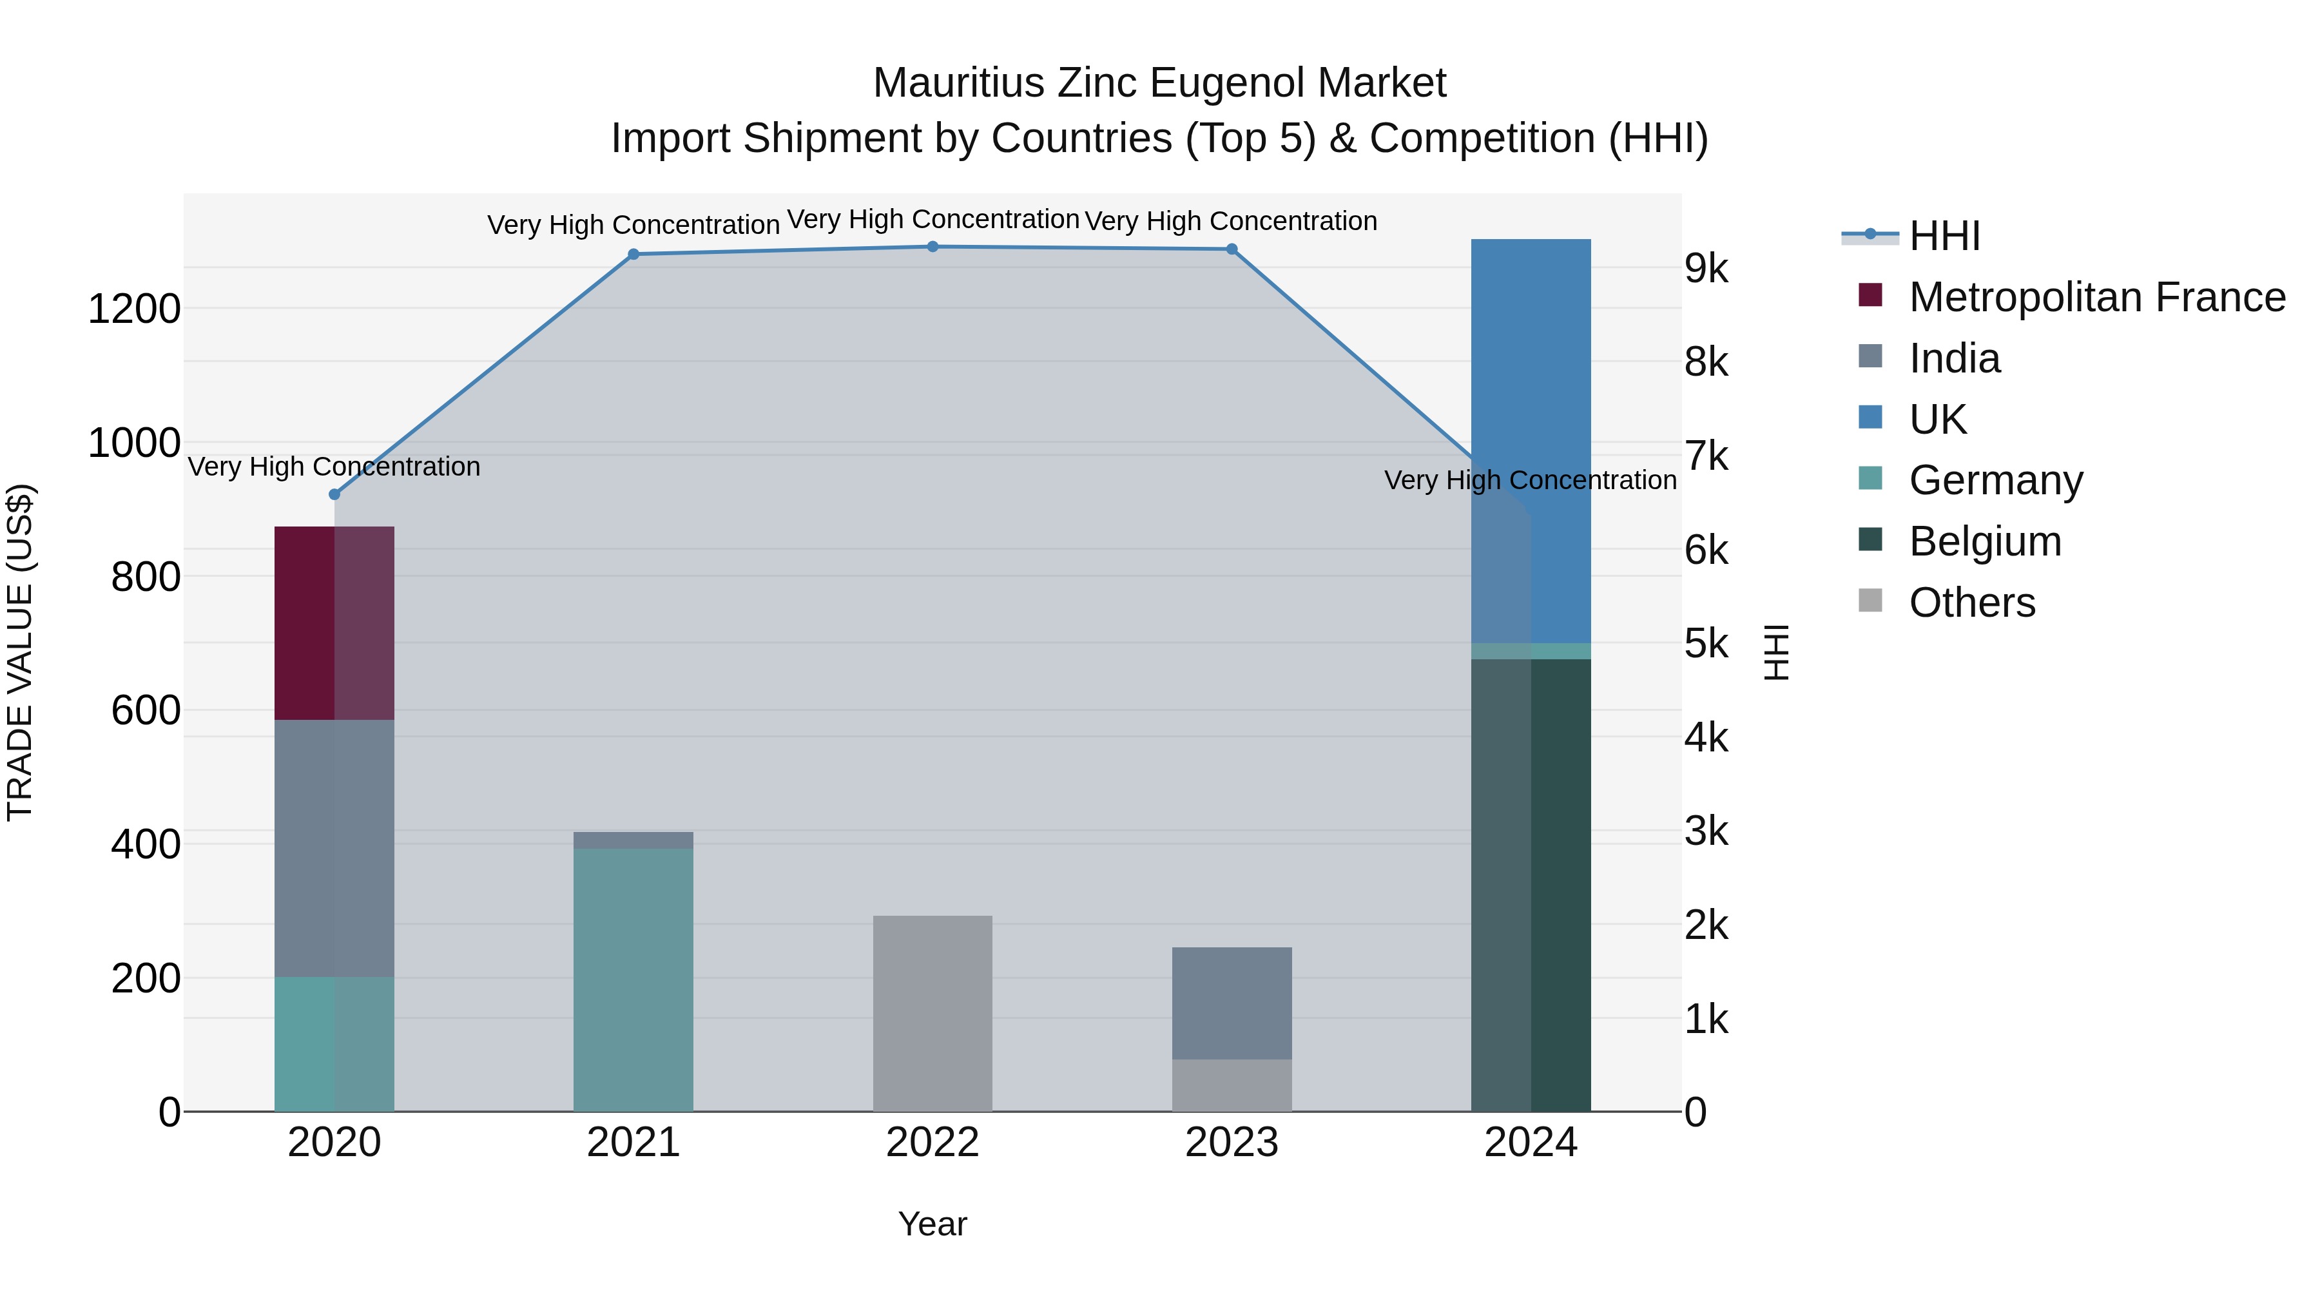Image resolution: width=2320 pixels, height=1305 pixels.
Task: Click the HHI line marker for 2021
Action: click(633, 254)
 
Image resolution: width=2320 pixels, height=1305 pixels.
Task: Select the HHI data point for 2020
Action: click(334, 494)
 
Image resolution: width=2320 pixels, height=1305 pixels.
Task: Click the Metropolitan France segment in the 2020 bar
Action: click(334, 623)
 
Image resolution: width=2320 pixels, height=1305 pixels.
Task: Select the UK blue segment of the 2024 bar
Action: click(1531, 441)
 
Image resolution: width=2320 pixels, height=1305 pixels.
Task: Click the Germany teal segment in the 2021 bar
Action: click(633, 980)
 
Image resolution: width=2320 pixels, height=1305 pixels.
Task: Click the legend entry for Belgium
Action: click(1985, 541)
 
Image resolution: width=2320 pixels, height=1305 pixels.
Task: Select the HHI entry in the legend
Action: click(1944, 236)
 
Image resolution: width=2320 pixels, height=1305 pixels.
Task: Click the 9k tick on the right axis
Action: click(1706, 268)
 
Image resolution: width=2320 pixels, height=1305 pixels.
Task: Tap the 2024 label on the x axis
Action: click(1530, 1143)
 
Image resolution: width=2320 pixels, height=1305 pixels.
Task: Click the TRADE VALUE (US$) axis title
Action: click(20, 652)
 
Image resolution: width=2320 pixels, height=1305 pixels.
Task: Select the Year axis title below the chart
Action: click(932, 1224)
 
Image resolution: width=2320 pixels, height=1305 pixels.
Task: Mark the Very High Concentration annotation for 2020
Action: click(334, 467)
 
